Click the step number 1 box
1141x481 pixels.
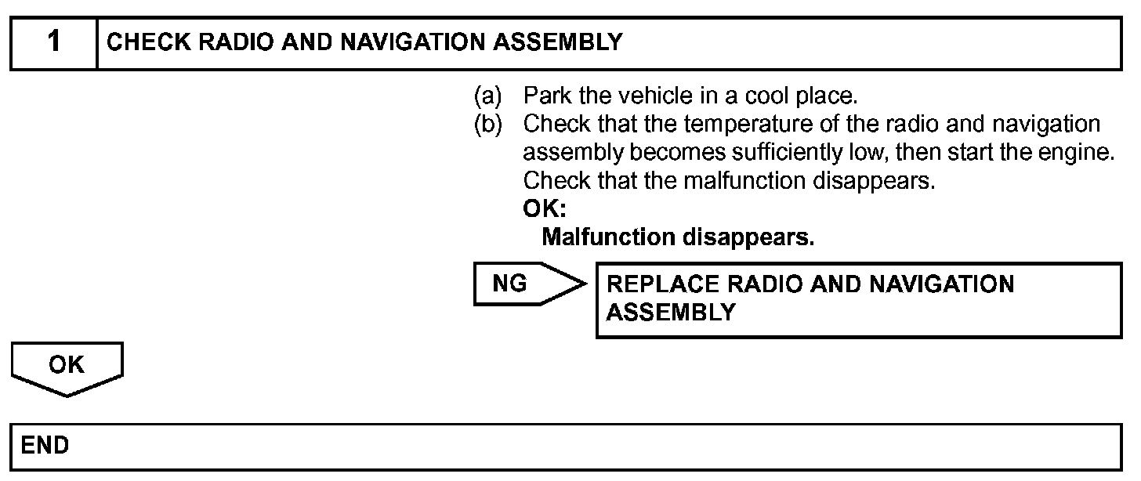point(53,42)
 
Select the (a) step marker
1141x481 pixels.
point(487,97)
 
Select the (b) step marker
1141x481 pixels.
point(487,125)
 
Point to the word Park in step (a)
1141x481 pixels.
point(542,97)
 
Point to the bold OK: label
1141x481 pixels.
point(544,209)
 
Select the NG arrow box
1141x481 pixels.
point(521,284)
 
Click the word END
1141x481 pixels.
point(45,446)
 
